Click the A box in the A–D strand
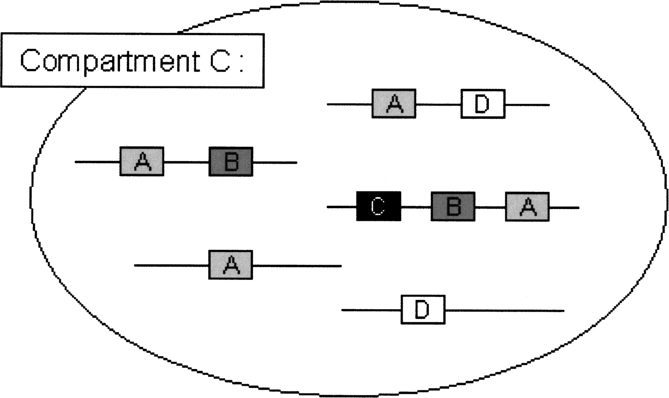pyautogui.click(x=394, y=104)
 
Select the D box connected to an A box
pyautogui.click(x=483, y=104)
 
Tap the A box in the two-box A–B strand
pyautogui.click(x=142, y=162)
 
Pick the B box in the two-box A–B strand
pyautogui.click(x=231, y=162)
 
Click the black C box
pyautogui.click(x=378, y=206)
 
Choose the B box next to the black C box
pyautogui.click(x=453, y=207)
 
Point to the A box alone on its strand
pyautogui.click(x=230, y=265)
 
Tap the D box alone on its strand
pyautogui.click(x=423, y=310)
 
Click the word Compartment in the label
pyautogui.click(x=110, y=61)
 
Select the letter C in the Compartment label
pyautogui.click(x=220, y=61)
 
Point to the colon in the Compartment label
pyautogui.click(x=241, y=63)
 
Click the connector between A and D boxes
pyautogui.click(x=439, y=105)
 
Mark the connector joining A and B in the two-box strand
pyautogui.click(x=186, y=162)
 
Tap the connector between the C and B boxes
pyautogui.click(x=416, y=207)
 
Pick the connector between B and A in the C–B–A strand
pyautogui.click(x=490, y=207)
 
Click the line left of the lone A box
pyautogui.click(x=171, y=265)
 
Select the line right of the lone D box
pyautogui.click(x=504, y=310)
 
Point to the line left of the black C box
pyautogui.click(x=341, y=206)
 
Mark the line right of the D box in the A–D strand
pyautogui.click(x=527, y=105)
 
